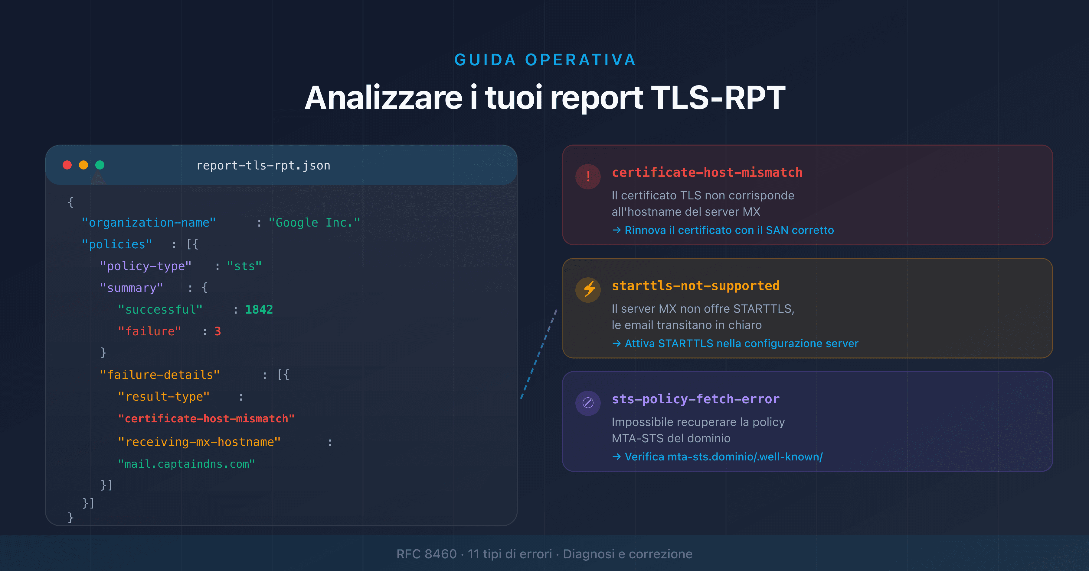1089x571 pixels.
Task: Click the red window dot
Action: (67, 165)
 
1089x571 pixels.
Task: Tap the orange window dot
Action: (83, 165)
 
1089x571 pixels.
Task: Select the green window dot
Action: (100, 165)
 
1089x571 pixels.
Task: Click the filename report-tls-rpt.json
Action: (263, 166)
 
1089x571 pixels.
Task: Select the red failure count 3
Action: (217, 331)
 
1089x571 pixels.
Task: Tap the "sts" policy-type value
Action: (244, 266)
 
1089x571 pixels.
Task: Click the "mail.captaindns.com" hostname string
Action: (186, 464)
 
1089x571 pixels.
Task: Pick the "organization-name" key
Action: (149, 223)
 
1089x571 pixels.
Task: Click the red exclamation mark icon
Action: (588, 176)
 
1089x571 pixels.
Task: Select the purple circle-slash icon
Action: (588, 403)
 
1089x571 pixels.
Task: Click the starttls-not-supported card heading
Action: (695, 286)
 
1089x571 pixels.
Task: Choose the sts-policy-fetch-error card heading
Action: (695, 399)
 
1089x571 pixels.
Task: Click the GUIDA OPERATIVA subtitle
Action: (545, 60)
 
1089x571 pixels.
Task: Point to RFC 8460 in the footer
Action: (426, 554)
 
